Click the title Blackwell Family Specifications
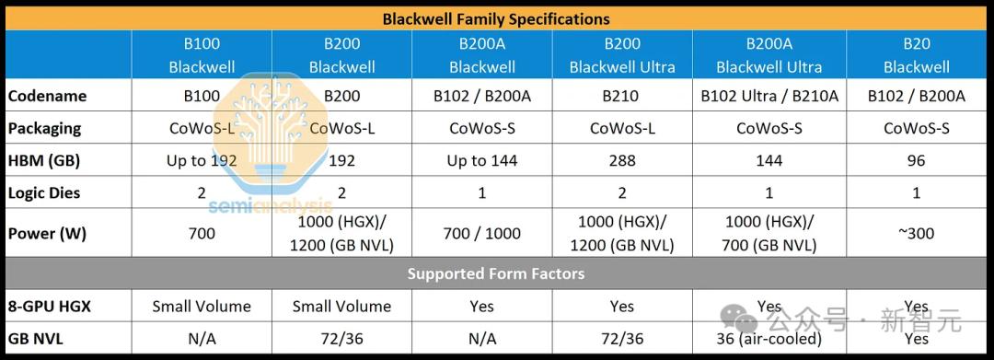(496, 19)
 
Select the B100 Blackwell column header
(202, 55)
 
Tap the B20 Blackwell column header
(916, 55)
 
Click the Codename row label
(48, 97)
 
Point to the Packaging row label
(45, 129)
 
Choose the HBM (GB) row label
(44, 161)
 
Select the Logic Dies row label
(44, 192)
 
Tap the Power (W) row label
(46, 233)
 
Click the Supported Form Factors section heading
(496, 273)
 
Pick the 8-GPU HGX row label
(50, 307)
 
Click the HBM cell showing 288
(622, 161)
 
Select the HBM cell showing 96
(916, 161)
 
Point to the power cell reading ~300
(916, 233)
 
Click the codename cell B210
(622, 97)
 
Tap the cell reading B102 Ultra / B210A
(769, 97)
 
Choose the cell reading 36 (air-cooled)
(769, 339)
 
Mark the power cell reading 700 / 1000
(481, 233)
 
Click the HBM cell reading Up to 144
(481, 161)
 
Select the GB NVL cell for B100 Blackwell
(202, 339)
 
